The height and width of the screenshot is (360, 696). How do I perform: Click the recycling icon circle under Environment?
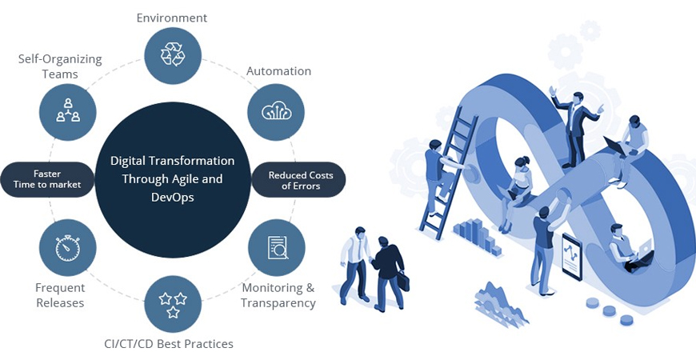173,55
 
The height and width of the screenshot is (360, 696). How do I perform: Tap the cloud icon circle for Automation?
276,112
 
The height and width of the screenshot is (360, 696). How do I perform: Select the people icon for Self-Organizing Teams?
68,112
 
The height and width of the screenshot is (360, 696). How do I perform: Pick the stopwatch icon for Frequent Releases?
68,248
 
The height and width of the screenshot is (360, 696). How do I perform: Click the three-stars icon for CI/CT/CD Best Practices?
173,305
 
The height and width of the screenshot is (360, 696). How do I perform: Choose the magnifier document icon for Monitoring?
277,248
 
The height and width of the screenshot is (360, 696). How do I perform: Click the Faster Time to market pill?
47,179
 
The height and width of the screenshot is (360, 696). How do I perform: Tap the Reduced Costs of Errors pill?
298,179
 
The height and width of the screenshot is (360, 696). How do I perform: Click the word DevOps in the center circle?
173,198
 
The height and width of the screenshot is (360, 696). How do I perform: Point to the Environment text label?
172,18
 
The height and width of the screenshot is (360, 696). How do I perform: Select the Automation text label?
278,71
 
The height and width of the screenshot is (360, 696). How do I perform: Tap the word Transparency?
278,303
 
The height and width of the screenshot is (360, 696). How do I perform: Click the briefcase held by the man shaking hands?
403,280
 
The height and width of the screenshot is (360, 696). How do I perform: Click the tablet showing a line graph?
572,257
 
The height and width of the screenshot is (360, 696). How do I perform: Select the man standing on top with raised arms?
576,127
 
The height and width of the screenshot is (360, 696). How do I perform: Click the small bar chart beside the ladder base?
477,236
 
